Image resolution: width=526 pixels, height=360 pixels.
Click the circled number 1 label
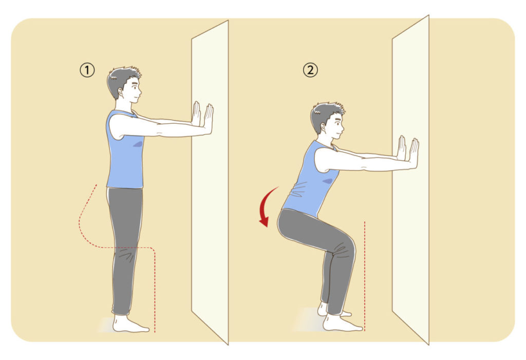tap(87, 70)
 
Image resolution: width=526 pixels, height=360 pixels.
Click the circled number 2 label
tap(310, 70)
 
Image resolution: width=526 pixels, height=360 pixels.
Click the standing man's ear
tap(120, 92)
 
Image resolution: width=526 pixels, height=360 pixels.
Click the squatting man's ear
tap(324, 127)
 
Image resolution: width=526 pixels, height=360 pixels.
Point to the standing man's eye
tap(135, 87)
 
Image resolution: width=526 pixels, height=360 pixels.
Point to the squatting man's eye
tap(337, 122)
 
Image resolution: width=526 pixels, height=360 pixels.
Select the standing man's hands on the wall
tap(202, 118)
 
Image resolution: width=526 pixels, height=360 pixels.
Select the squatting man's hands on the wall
tap(408, 153)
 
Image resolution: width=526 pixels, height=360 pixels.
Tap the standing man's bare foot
tap(129, 324)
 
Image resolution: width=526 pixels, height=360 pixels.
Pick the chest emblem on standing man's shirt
tap(138, 144)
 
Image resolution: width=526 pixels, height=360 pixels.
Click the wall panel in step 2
tap(410, 180)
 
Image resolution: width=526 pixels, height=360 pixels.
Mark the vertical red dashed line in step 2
tap(365, 276)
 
